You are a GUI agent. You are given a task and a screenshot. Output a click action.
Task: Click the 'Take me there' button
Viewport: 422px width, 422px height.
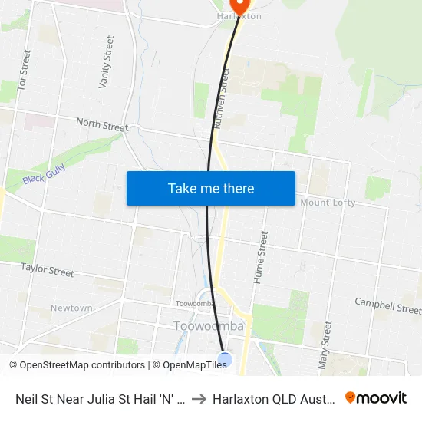(x=211, y=188)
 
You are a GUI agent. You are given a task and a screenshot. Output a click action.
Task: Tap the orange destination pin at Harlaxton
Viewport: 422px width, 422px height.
(x=238, y=6)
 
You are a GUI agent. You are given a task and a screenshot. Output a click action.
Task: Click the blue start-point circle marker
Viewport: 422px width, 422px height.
(x=225, y=359)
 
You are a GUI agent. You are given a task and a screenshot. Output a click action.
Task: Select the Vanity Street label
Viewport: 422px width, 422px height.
(x=106, y=61)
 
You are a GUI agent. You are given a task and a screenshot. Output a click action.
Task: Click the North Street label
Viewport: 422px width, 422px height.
(x=102, y=124)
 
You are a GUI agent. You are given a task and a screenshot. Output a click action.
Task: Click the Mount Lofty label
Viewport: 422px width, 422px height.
(x=328, y=203)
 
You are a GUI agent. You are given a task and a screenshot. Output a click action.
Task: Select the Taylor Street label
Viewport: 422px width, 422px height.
(x=48, y=269)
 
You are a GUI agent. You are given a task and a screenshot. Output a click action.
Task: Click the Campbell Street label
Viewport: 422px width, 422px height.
(x=387, y=307)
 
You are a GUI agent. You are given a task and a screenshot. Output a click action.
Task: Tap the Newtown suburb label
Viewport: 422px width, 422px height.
(x=71, y=308)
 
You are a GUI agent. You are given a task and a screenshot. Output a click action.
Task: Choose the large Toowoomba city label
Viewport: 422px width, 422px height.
(x=209, y=326)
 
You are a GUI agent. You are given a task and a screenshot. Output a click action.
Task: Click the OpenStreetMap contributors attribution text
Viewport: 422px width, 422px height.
(x=76, y=365)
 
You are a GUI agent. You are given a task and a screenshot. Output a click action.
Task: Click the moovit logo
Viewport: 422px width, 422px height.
(x=376, y=397)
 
